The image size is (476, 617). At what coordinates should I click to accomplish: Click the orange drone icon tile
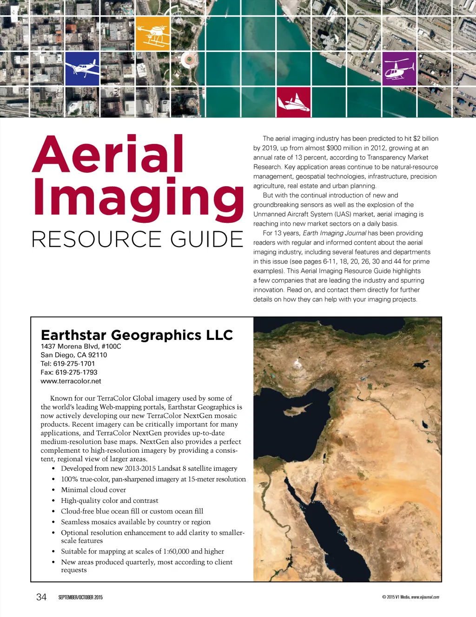pos(152,33)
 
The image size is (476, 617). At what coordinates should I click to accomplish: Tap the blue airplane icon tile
pos(82,69)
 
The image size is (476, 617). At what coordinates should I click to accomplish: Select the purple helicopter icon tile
pos(399,69)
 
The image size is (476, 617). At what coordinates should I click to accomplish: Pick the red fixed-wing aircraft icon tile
pos(293,102)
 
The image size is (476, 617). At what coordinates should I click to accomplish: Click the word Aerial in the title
pos(108,154)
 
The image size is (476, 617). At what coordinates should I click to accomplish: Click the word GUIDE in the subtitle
pos(207,240)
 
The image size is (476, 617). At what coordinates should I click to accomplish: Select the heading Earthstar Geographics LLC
pos(137,335)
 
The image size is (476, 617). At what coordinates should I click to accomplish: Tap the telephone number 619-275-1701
pos(74,364)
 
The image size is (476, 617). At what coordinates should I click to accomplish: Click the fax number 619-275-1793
pos(76,372)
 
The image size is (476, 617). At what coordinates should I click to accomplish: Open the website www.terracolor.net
pos(71,381)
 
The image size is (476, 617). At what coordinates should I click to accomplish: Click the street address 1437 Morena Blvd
pos(69,346)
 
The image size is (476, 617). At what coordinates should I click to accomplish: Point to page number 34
pos(41,597)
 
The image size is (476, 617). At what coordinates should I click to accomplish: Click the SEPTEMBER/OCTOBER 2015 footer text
pos(80,598)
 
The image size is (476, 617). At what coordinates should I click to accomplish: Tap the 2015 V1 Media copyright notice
pos(410,597)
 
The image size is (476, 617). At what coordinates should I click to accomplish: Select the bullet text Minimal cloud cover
pos(93,490)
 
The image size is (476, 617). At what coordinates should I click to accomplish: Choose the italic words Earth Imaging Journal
pos(334,233)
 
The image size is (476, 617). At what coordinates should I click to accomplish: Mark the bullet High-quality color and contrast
pos(110,500)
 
